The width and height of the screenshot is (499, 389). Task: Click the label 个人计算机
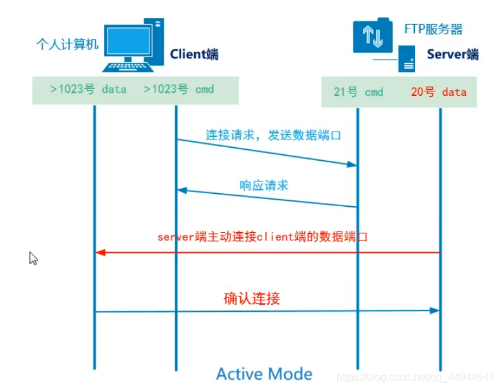click(67, 44)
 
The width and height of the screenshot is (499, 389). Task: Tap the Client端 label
click(194, 54)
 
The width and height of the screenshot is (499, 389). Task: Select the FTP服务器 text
click(434, 29)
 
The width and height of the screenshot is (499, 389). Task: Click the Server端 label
click(452, 54)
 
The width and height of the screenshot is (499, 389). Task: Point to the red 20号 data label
click(439, 92)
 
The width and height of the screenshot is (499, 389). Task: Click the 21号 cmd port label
click(358, 92)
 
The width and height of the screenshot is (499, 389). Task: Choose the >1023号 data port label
click(88, 89)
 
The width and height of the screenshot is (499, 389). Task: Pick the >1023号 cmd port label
click(179, 89)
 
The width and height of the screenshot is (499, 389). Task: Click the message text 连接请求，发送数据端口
click(273, 136)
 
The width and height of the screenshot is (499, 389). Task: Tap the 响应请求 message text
click(264, 185)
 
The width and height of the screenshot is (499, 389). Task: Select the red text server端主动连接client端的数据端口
click(263, 237)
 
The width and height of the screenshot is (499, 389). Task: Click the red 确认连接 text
click(252, 299)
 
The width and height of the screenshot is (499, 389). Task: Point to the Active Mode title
click(264, 373)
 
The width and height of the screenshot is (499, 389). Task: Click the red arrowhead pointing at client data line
click(100, 253)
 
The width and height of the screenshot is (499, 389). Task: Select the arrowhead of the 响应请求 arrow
click(182, 191)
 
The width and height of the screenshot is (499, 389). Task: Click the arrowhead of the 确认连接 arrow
click(434, 311)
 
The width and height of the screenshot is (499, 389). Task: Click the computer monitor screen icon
click(128, 41)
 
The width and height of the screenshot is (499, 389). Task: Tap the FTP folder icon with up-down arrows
click(373, 36)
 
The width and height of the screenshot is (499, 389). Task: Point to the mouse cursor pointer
click(33, 258)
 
